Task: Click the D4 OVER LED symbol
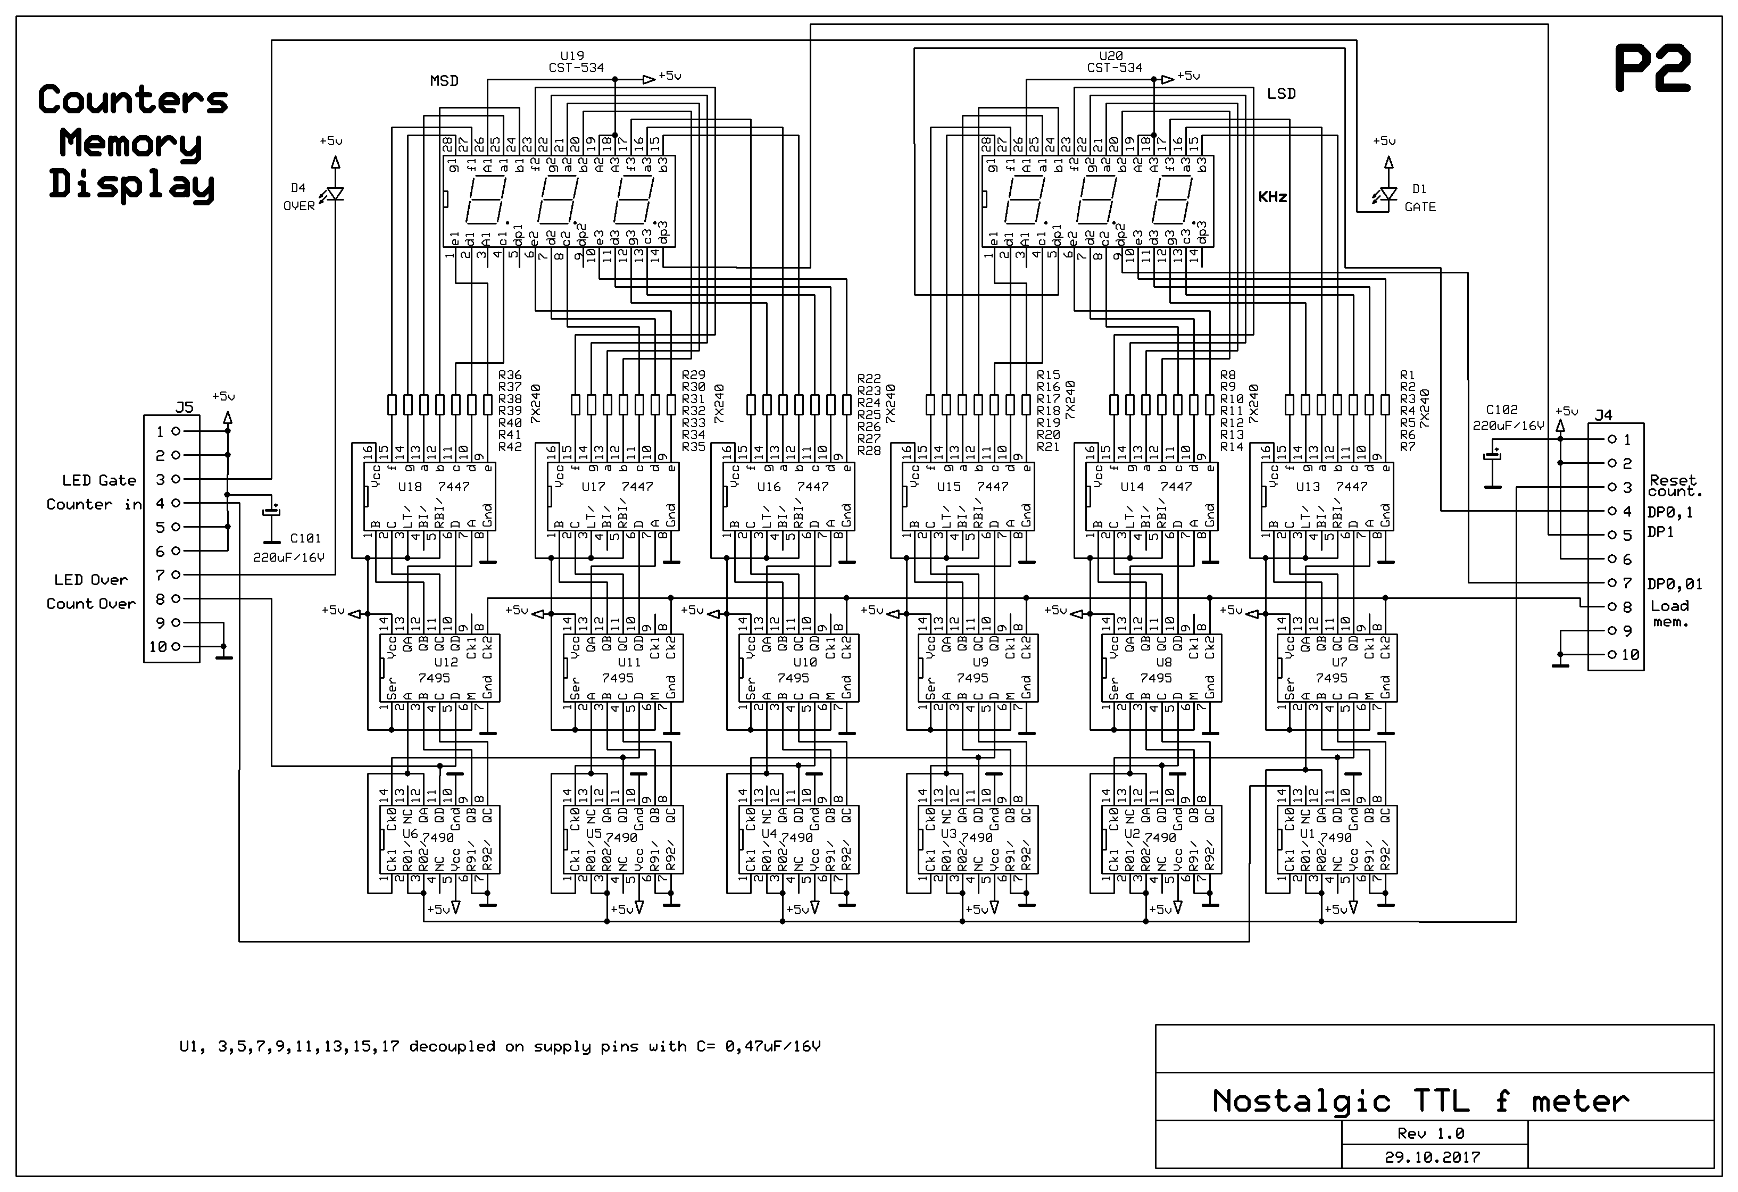coord(334,195)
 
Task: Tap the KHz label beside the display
coord(1272,197)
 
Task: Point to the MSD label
coord(444,81)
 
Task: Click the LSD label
coord(1280,94)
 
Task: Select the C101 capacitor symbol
coord(271,512)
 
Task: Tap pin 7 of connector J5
coord(176,574)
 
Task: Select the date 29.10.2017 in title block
coord(1432,1157)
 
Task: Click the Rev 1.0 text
coord(1432,1133)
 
